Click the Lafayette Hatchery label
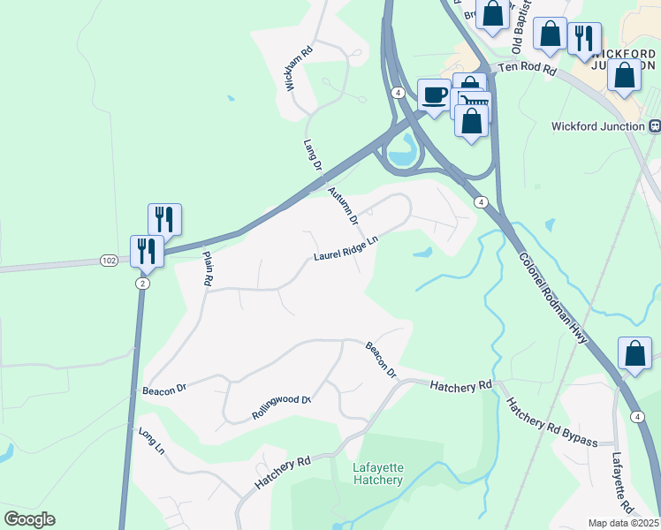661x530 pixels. (377, 473)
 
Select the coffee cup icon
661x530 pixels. (433, 95)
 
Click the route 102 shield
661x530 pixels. (109, 261)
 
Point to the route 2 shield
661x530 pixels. (142, 283)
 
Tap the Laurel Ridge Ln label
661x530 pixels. (346, 248)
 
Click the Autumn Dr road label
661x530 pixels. (343, 204)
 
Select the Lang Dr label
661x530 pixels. (312, 155)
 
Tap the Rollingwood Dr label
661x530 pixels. (282, 406)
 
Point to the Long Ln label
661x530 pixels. (152, 441)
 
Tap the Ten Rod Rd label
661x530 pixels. (526, 67)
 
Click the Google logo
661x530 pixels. (29, 519)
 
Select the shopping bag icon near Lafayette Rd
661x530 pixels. (634, 353)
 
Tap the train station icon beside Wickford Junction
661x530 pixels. (655, 126)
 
